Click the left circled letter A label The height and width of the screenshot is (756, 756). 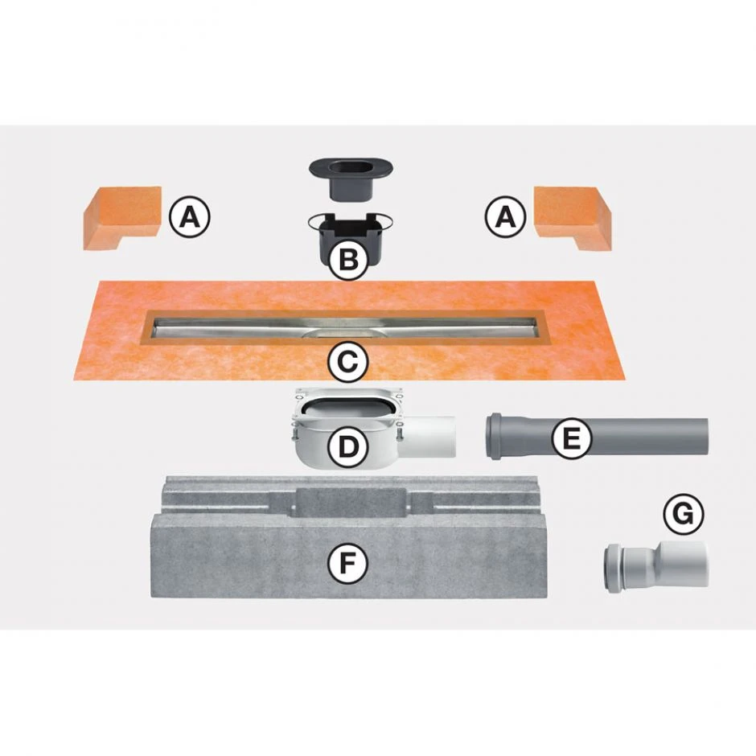tap(190, 217)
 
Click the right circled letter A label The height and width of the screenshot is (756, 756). tap(505, 217)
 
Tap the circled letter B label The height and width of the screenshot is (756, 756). tap(349, 260)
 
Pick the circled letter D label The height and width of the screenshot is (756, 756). tap(347, 447)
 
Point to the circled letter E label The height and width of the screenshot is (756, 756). tap(572, 438)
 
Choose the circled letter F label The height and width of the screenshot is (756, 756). tap(347, 563)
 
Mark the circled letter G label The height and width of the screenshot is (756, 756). tap(683, 513)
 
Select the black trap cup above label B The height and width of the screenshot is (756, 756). tap(350, 236)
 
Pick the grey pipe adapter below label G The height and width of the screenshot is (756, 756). tap(656, 566)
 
